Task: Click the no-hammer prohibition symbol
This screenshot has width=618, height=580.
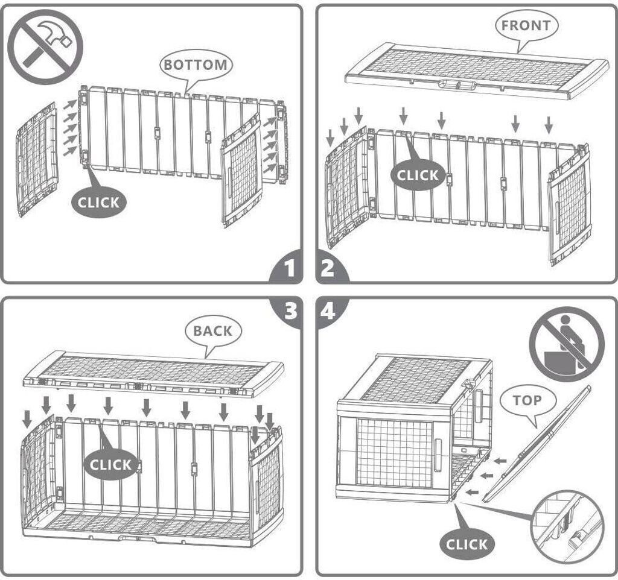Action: pyautogui.click(x=45, y=47)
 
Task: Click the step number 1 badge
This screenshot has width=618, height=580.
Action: pyautogui.click(x=288, y=268)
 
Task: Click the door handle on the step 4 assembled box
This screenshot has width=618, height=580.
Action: pyautogui.click(x=438, y=454)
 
